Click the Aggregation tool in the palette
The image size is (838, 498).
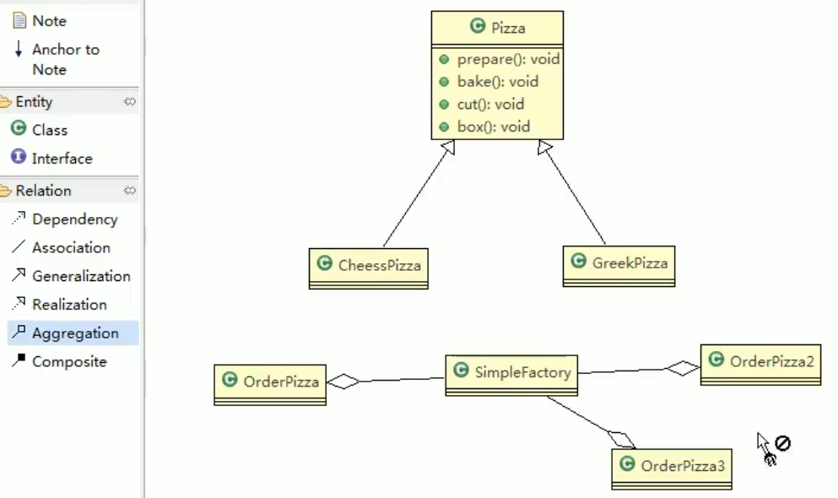point(73,333)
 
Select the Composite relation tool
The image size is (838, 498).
point(59,361)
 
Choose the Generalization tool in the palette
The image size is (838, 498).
point(71,276)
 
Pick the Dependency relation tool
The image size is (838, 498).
point(65,219)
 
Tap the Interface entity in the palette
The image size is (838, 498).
point(51,158)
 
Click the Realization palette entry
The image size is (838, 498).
point(59,305)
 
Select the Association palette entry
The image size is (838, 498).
point(61,247)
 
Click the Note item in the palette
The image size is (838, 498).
point(40,21)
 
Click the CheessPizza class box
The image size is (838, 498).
point(369,268)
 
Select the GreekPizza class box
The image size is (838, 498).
point(619,266)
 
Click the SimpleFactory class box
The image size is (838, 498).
point(511,375)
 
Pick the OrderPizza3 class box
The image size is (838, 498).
point(672,469)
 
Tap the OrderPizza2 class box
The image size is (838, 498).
point(760,365)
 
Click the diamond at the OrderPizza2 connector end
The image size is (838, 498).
point(683,368)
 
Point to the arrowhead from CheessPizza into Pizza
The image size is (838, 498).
point(448,147)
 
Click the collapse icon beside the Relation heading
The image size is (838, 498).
point(129,190)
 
